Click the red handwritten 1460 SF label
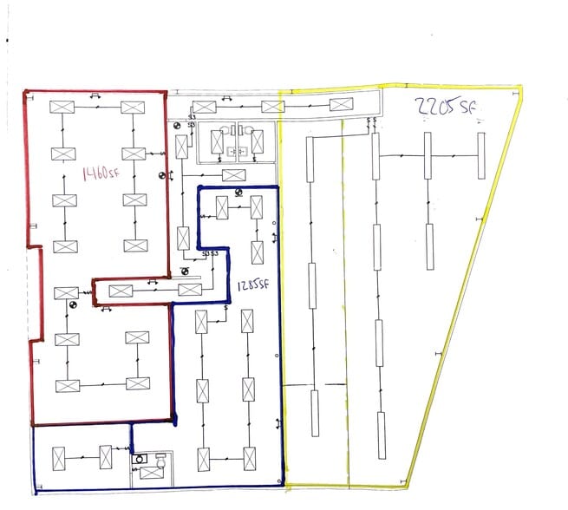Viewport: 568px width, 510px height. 101,173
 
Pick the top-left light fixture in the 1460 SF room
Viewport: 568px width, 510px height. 62,107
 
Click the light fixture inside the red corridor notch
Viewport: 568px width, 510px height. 121,291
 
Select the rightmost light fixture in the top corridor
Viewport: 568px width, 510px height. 341,106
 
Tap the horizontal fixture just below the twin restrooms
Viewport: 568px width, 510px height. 233,175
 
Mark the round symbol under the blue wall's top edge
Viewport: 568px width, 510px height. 238,193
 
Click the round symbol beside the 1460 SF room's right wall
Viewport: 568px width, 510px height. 161,176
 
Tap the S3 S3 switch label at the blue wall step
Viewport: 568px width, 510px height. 209,253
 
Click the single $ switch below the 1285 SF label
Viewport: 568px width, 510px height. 226,306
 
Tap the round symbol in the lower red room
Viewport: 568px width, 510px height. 74,304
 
